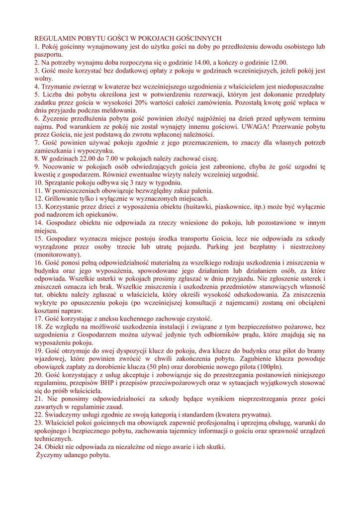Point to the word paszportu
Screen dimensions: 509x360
pyautogui.click(x=48, y=54)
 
